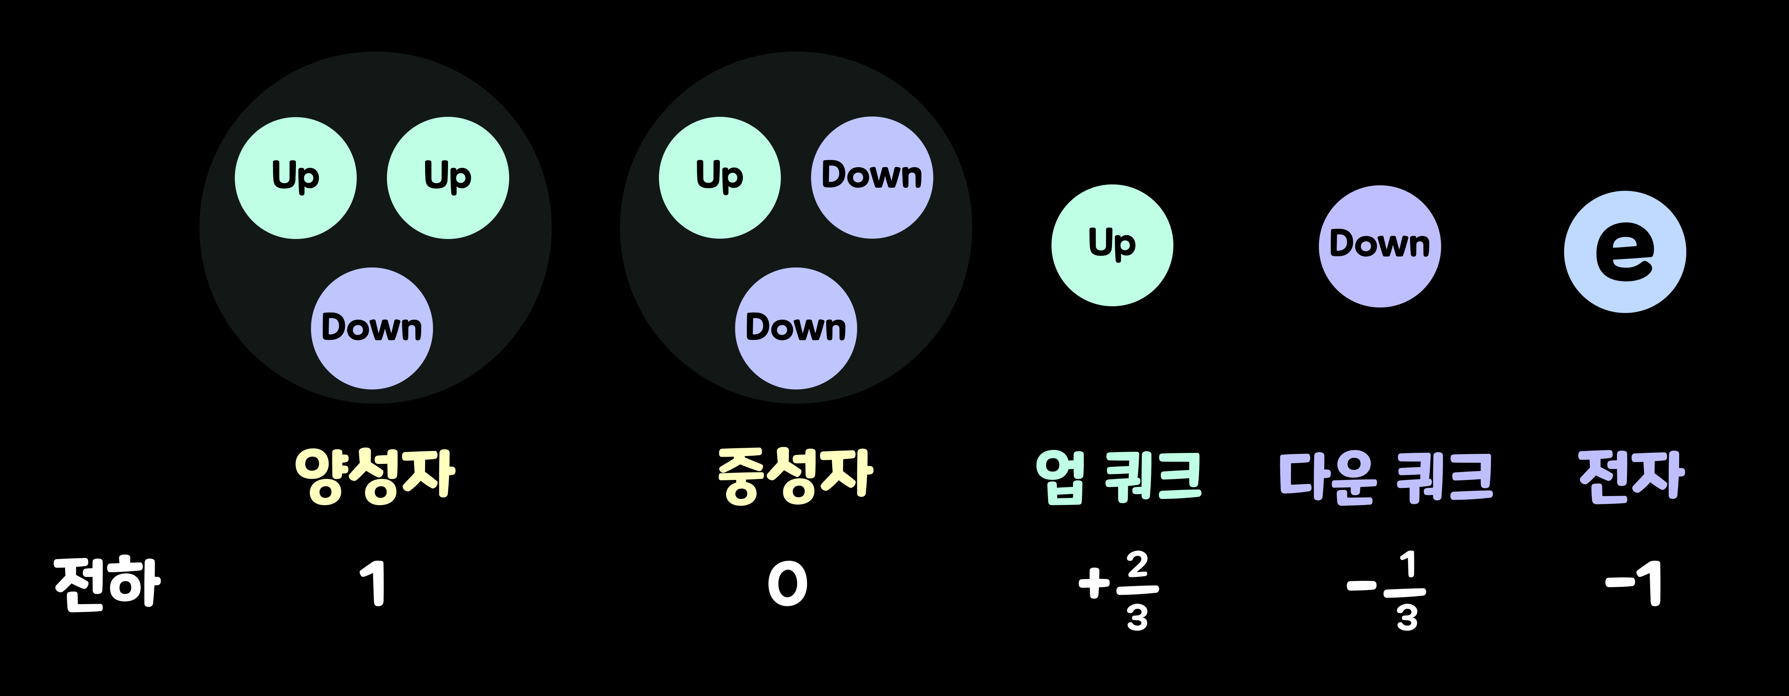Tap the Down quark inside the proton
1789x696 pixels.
tap(371, 328)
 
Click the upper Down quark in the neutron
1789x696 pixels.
tap(872, 178)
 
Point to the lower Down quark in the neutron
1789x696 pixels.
tap(796, 328)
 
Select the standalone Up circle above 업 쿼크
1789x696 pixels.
tap(1112, 245)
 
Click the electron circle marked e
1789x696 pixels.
tap(1624, 252)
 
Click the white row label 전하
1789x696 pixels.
tap(108, 584)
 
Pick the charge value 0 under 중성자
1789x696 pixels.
tap(788, 584)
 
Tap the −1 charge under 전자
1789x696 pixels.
tap(1633, 584)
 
